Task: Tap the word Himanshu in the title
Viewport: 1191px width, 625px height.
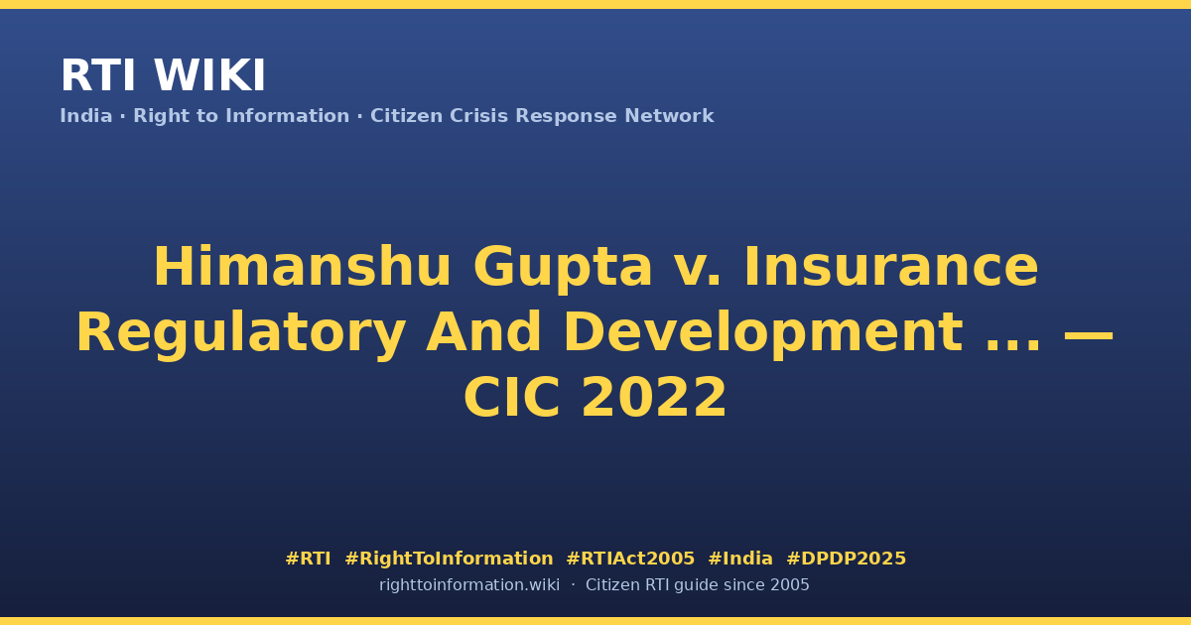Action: coord(302,266)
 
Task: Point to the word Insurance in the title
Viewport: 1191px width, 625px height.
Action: coord(891,266)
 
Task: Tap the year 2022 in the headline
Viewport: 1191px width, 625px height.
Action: coord(653,398)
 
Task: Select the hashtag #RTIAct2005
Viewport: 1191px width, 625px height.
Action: coord(630,559)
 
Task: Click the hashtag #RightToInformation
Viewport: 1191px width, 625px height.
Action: coord(449,560)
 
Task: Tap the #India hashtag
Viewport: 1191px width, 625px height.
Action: coord(740,559)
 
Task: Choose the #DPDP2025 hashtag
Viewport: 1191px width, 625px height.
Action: coord(846,559)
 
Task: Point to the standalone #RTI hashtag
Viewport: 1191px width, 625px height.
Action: coord(308,559)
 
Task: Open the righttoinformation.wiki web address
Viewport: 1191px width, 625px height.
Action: coord(469,585)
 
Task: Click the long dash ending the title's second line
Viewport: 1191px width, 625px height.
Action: coord(1088,336)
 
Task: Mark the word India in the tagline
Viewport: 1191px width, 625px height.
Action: coord(86,116)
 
